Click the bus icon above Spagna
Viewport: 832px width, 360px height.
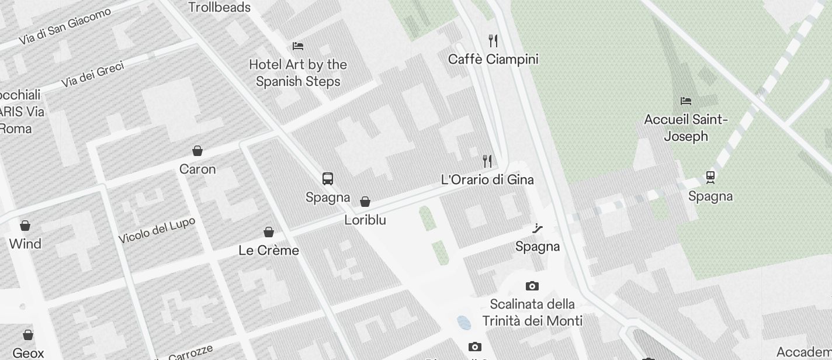[328, 179]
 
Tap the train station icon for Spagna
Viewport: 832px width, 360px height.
[710, 176]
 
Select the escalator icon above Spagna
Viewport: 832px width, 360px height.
[538, 228]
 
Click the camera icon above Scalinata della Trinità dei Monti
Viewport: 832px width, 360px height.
[532, 286]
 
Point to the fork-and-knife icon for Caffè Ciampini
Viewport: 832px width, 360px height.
[493, 40]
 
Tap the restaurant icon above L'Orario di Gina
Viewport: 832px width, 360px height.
[487, 161]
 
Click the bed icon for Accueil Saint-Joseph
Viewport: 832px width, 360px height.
[686, 101]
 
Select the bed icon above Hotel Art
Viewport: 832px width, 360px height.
[298, 46]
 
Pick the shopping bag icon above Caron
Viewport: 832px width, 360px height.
[197, 151]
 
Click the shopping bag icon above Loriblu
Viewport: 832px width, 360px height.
[365, 202]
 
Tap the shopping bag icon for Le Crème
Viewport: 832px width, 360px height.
[269, 232]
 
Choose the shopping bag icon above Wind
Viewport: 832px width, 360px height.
[25, 225]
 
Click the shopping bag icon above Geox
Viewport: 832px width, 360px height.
[28, 335]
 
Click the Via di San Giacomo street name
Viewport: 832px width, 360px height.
[65, 27]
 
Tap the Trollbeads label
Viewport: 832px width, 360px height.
[220, 8]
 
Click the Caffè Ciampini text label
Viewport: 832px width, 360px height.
[493, 59]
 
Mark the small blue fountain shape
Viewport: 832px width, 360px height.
[464, 322]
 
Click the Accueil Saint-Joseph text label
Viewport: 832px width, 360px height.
[686, 128]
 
